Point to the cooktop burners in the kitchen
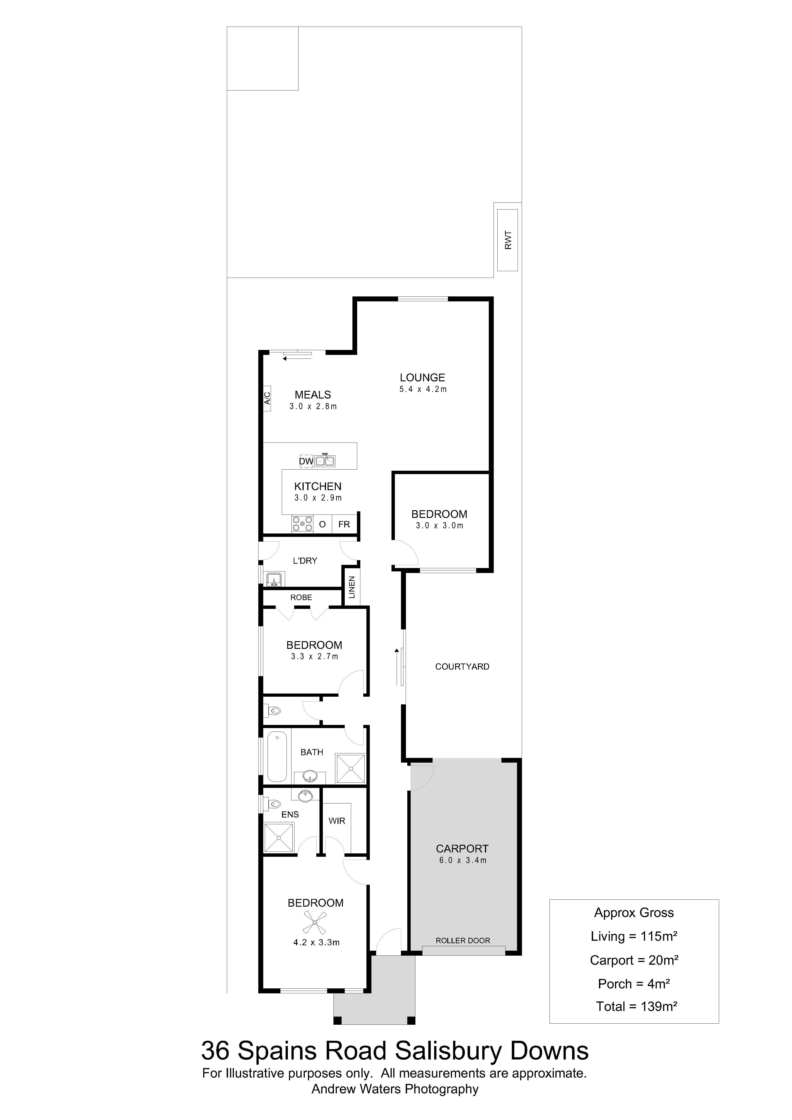[302, 524]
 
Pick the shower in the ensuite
[279, 838]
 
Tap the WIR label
[337, 821]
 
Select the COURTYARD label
[462, 667]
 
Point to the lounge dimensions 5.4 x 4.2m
[423, 389]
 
